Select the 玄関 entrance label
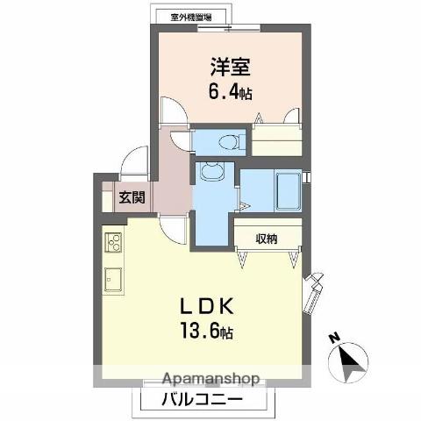tap(132, 198)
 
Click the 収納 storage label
tap(268, 237)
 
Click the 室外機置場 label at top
tap(198, 15)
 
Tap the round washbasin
tap(210, 172)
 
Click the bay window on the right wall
tap(313, 291)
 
